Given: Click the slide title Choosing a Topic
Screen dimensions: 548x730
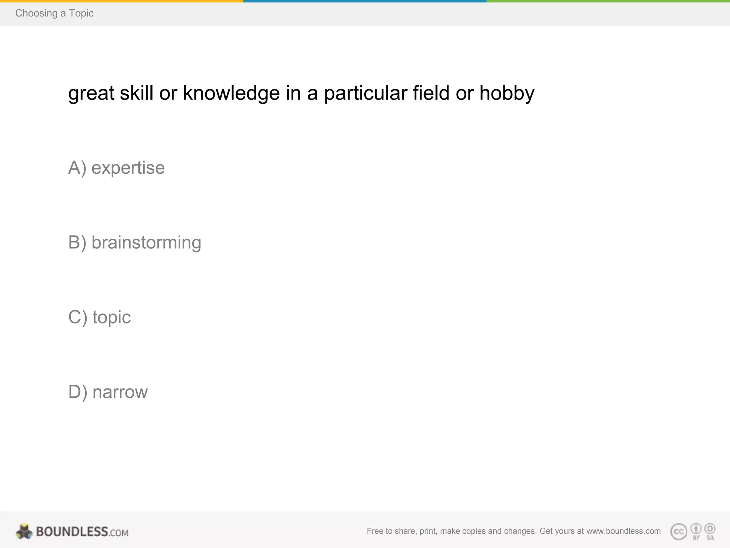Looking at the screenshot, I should (54, 13).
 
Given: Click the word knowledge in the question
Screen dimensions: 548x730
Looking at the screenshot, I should (231, 93).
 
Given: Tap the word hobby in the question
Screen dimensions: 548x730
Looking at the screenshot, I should (507, 93).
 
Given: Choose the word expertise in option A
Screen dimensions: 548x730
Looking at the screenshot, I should (128, 168).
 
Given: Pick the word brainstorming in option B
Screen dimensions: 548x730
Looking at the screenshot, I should (146, 243).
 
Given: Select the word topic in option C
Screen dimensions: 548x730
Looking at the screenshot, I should (112, 318).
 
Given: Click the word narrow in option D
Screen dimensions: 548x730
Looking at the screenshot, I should (120, 392).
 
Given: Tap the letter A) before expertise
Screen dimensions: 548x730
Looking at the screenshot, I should (77, 168).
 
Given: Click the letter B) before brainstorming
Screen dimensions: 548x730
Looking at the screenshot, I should (77, 243).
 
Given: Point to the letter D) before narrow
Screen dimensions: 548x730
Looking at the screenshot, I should (77, 392).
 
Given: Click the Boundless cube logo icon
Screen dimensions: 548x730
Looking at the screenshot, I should (24, 532).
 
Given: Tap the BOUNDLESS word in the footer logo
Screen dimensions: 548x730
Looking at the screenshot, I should (72, 532).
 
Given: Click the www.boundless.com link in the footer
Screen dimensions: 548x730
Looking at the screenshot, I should (623, 531).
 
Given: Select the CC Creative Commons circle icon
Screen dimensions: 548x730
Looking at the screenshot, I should (679, 532).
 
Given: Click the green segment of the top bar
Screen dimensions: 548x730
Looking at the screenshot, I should (608, 1).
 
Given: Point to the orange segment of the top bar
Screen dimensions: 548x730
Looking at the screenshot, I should (121, 1).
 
